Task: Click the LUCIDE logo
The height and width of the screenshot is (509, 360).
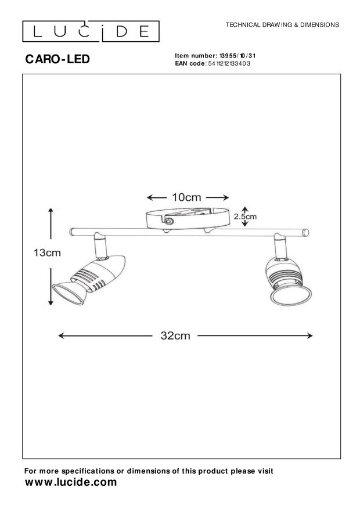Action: [91, 31]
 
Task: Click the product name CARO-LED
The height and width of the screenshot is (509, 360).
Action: [57, 59]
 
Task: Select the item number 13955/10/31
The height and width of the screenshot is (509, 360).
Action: [237, 56]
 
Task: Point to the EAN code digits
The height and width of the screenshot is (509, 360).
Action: [229, 64]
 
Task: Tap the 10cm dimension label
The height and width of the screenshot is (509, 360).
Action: [186, 197]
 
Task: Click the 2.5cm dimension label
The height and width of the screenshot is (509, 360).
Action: [245, 216]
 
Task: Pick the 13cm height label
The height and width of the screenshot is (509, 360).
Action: [47, 252]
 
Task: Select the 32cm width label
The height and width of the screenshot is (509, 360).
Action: [175, 335]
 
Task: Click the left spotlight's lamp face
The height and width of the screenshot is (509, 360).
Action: [68, 294]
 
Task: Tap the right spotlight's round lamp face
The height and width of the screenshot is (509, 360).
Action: [291, 296]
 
